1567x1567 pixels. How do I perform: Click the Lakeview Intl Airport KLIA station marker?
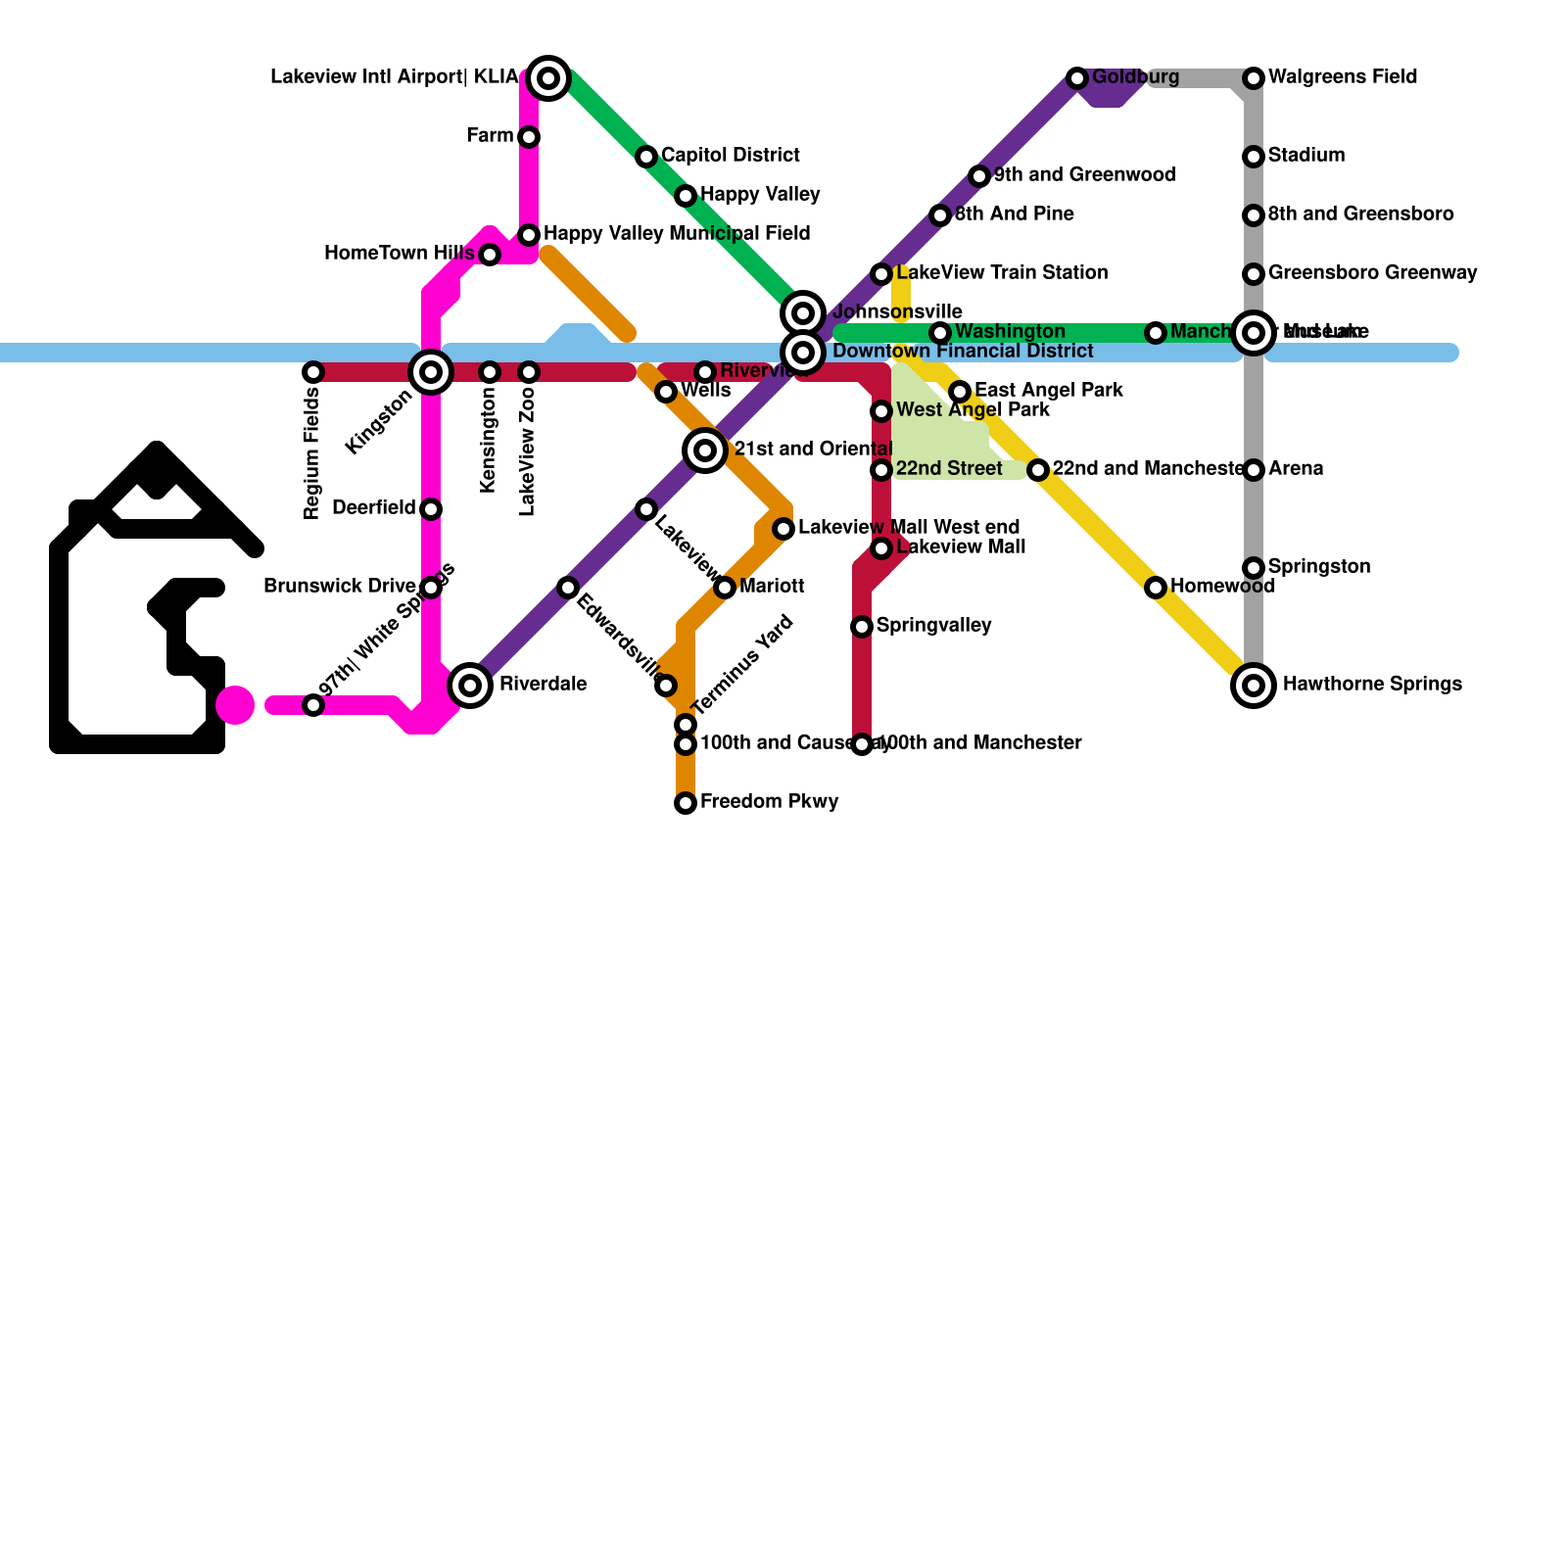pyautogui.click(x=548, y=77)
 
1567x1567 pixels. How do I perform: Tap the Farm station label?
pyautogui.click(x=490, y=136)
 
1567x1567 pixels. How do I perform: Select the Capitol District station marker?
pyautogui.click(x=646, y=157)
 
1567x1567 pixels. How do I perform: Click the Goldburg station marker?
pyautogui.click(x=1077, y=78)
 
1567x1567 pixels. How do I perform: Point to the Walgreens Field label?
pyautogui.click(x=1342, y=77)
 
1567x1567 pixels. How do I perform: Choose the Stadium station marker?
pyautogui.click(x=1254, y=157)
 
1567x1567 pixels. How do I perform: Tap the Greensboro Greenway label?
pyautogui.click(x=1372, y=273)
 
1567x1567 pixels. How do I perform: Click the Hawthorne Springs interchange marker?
pyautogui.click(x=1254, y=686)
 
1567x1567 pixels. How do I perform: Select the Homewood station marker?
pyautogui.click(x=1156, y=588)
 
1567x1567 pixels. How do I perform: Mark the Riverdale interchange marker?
pyautogui.click(x=470, y=686)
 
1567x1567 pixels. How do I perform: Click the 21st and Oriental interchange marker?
pyautogui.click(x=705, y=451)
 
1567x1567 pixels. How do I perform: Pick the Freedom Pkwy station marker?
pyautogui.click(x=686, y=803)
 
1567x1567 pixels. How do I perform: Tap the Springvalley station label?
pyautogui.click(x=933, y=626)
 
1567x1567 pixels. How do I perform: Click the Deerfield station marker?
pyautogui.click(x=431, y=509)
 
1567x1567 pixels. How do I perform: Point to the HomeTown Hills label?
pyautogui.click(x=399, y=254)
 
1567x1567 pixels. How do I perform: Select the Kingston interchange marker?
pyautogui.click(x=431, y=372)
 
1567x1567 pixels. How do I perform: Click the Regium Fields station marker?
pyautogui.click(x=313, y=372)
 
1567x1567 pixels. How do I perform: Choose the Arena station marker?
pyautogui.click(x=1254, y=470)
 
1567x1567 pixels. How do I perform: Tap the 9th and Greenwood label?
pyautogui.click(x=1084, y=175)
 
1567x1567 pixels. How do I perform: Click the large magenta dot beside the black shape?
pyautogui.click(x=235, y=705)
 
